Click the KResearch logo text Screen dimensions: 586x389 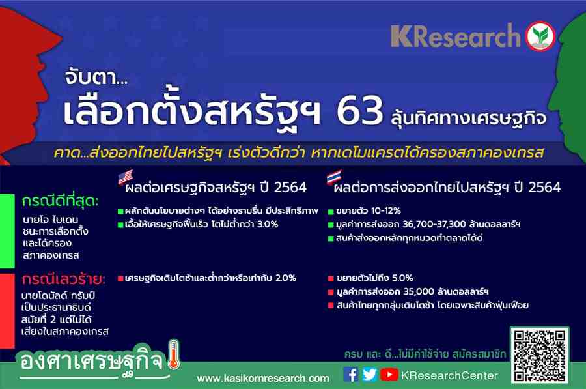455,36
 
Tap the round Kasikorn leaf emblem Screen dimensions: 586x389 540,36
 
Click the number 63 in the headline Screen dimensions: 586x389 359,111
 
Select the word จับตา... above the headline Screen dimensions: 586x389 96,78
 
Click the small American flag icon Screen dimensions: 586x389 126,177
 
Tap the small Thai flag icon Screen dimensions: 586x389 334,177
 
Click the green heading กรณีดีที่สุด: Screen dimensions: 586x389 60,201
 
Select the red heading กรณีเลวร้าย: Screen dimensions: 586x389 63,279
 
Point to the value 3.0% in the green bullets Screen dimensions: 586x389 268,224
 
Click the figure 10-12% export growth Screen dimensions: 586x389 384,210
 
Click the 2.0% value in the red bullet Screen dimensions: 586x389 286,278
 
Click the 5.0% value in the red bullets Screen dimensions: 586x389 402,278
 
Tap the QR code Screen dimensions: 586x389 540,356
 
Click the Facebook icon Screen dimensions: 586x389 350,375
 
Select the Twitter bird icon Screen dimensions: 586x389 370,375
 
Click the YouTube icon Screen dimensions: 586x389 389,375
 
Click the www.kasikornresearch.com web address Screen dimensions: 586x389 263,379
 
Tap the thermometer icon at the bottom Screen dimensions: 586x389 174,354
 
